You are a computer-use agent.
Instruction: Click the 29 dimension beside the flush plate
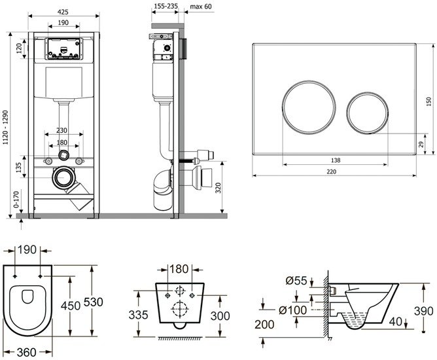[x=421, y=144]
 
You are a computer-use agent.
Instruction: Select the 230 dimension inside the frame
[x=63, y=130]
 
